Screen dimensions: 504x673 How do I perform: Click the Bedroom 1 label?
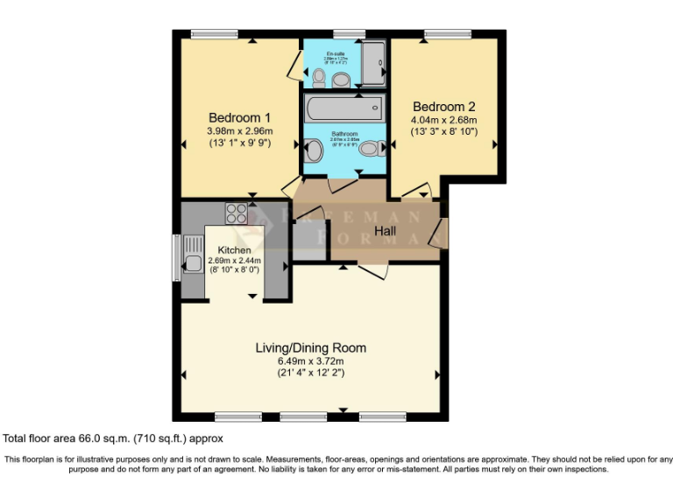tap(239, 117)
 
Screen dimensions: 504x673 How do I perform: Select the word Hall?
tap(385, 231)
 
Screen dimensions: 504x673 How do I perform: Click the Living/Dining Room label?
tap(310, 347)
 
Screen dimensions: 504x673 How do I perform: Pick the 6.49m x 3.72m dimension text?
tap(310, 360)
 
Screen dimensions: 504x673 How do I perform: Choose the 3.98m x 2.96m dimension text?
tap(239, 131)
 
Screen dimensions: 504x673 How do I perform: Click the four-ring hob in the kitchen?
tap(237, 212)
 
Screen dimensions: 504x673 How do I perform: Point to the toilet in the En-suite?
tap(318, 80)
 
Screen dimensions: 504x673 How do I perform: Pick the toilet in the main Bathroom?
tap(369, 149)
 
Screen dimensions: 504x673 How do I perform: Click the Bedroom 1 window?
tap(215, 34)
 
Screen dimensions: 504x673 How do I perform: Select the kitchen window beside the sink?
tap(176, 257)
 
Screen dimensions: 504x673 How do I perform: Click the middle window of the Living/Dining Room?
tap(303, 416)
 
